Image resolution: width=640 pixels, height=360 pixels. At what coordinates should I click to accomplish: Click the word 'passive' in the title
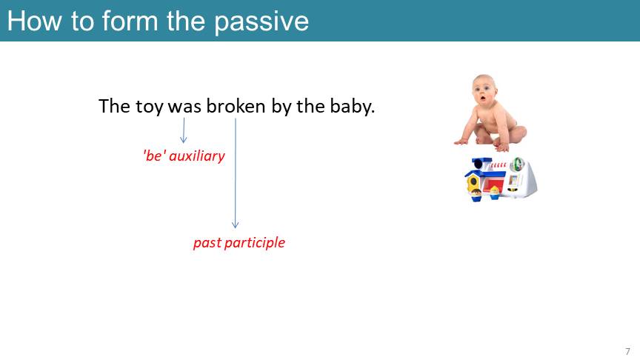pyautogui.click(x=261, y=21)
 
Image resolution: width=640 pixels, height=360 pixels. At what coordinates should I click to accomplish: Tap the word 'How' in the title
pyautogui.click(x=35, y=21)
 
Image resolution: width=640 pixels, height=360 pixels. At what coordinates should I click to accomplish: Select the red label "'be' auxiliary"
pyautogui.click(x=184, y=156)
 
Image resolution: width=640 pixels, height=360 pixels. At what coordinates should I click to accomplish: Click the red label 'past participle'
pyautogui.click(x=239, y=243)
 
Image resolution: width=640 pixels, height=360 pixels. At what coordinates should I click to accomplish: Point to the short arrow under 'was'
pyautogui.click(x=184, y=130)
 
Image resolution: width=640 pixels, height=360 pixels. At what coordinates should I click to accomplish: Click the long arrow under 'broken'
pyautogui.click(x=235, y=173)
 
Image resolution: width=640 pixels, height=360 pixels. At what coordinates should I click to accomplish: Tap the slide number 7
pyautogui.click(x=627, y=351)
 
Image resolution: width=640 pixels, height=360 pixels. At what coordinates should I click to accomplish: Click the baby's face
pyautogui.click(x=484, y=93)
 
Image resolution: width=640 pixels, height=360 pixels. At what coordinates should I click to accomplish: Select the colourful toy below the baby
pyautogui.click(x=501, y=179)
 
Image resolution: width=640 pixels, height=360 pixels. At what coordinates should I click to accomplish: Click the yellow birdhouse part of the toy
pyautogui.click(x=473, y=182)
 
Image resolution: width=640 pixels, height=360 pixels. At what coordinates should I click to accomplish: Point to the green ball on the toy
pyautogui.click(x=518, y=164)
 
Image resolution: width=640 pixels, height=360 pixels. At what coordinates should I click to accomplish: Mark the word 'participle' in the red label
pyautogui.click(x=255, y=243)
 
